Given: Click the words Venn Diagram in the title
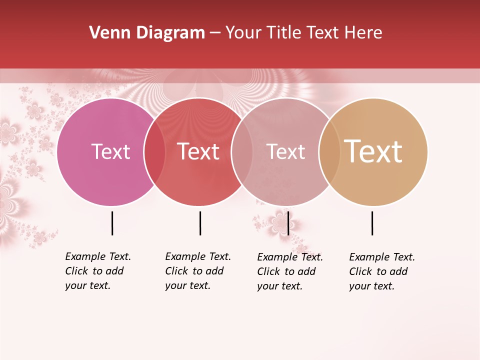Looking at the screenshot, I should tap(147, 33).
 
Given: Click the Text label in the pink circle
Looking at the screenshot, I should tap(111, 151).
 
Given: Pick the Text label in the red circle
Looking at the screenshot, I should tap(198, 151).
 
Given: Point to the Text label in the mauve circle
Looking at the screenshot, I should tap(285, 151).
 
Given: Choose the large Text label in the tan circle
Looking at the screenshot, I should tap(373, 151).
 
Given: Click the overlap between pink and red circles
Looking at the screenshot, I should tap(154, 152).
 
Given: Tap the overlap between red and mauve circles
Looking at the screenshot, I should tap(242, 152).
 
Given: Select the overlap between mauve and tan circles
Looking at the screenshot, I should tap(329, 152).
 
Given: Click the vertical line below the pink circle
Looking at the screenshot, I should tap(112, 223).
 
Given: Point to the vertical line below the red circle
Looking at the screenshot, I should tap(200, 223).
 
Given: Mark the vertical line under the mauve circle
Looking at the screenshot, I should tap(288, 223).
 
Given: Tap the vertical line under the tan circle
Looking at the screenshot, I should tap(372, 223).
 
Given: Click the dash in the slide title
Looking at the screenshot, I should tap(215, 33).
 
